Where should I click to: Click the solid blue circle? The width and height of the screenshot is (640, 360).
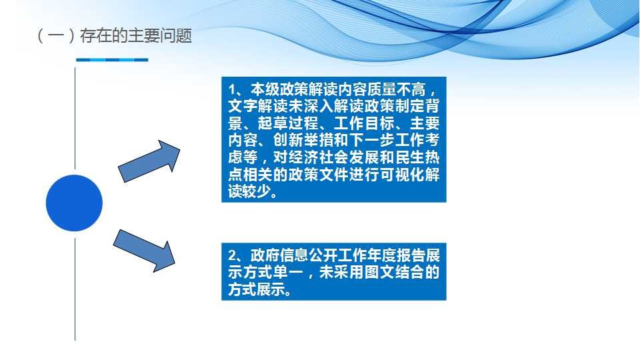(x=74, y=203)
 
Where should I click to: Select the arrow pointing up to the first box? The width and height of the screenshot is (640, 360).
(x=149, y=161)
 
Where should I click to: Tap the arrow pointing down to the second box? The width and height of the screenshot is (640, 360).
(x=144, y=251)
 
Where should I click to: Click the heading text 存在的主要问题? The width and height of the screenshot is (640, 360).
(x=136, y=36)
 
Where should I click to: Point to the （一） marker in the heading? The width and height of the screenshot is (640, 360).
(x=56, y=36)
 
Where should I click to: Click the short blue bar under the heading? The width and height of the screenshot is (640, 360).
(x=112, y=59)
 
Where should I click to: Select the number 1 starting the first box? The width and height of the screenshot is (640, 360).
(x=232, y=89)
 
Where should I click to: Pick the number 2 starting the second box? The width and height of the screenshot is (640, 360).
(x=232, y=255)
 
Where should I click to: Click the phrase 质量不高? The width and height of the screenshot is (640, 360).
(x=396, y=89)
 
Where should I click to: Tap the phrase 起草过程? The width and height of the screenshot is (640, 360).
(x=288, y=123)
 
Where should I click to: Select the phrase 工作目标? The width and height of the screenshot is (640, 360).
(x=364, y=123)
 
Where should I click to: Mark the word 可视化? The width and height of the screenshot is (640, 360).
(x=401, y=175)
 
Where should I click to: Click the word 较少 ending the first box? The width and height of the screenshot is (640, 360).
(x=259, y=191)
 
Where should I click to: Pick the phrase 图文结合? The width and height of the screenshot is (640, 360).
(x=394, y=272)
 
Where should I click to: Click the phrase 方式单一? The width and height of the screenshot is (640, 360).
(x=273, y=272)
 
